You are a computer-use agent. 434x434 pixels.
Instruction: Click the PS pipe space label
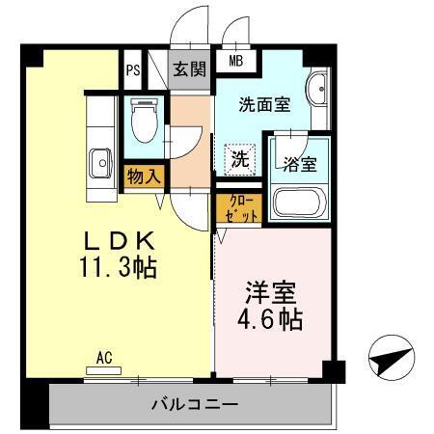(131, 70)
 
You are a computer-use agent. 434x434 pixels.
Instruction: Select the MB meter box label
(234, 62)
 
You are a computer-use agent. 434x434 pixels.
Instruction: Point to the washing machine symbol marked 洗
(238, 157)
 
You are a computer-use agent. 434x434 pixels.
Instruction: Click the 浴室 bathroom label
(300, 164)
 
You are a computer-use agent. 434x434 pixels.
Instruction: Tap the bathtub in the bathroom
(300, 203)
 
